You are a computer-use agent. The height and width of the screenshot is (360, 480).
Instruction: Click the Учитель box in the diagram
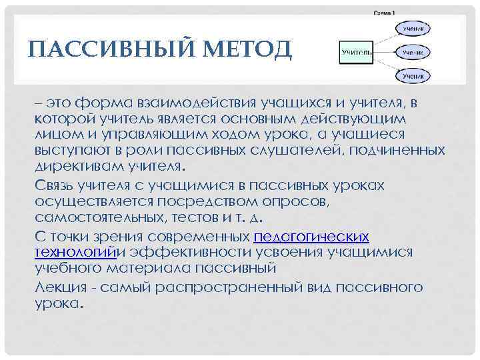coord(356,51)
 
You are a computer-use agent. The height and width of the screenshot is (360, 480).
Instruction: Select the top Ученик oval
coord(414,27)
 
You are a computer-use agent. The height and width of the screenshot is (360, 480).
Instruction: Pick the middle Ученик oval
coord(414,51)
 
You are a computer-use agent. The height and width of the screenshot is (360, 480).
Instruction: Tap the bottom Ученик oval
coord(414,76)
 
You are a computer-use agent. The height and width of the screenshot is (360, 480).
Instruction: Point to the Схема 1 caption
coord(385,13)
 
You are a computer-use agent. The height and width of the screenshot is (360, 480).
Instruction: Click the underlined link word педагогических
coord(312,237)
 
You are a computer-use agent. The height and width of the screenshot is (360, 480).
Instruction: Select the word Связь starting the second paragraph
coord(59,185)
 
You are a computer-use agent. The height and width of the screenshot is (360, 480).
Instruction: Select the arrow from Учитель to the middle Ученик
coord(385,51)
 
